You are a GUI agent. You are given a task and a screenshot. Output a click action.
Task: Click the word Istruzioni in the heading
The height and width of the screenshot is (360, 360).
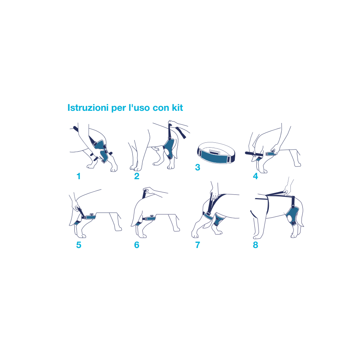(88, 108)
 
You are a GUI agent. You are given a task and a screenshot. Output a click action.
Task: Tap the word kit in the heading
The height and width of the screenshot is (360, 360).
(178, 108)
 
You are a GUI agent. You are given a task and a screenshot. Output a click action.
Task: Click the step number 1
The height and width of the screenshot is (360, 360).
(78, 176)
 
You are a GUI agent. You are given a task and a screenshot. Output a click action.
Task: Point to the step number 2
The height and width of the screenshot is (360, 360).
(137, 176)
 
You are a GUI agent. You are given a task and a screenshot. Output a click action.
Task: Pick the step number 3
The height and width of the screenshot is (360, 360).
(198, 167)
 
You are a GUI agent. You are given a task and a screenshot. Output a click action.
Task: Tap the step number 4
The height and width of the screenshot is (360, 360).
(255, 176)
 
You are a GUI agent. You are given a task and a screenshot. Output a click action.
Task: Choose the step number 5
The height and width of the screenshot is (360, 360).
(78, 245)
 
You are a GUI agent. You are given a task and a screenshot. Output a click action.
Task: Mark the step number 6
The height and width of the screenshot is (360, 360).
(137, 245)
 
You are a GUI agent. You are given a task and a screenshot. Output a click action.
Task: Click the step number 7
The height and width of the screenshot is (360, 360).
(198, 245)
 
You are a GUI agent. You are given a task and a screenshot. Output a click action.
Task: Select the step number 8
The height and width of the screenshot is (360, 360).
(255, 245)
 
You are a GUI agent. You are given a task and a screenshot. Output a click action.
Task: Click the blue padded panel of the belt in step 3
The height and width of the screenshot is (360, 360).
(214, 157)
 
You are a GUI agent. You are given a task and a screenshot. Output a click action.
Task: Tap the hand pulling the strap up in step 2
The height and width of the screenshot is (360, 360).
(178, 126)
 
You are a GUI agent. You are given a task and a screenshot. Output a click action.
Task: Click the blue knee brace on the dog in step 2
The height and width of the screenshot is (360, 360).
(170, 148)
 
